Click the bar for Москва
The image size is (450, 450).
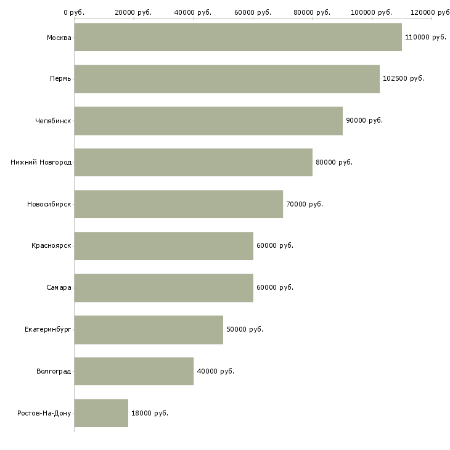[x=238, y=37]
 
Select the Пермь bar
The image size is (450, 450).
[x=227, y=79]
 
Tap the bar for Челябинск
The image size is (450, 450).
[x=208, y=121]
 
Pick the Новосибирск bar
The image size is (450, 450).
[x=179, y=204]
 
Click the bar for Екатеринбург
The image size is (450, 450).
[x=149, y=329]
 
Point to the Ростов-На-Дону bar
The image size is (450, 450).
[x=101, y=413]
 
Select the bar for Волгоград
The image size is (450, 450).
[x=134, y=371]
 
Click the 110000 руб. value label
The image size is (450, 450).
[x=425, y=38]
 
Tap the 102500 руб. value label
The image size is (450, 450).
[x=403, y=79]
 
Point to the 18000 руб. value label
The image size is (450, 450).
[x=149, y=413]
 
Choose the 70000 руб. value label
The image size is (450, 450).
[x=304, y=204]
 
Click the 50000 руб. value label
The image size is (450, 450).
[x=245, y=329]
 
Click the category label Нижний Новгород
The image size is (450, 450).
[x=41, y=162]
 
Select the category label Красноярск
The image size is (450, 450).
[x=51, y=246]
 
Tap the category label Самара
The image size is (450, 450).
[x=59, y=287]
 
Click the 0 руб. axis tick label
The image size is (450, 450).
[x=74, y=12]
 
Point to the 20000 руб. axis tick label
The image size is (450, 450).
[x=133, y=12]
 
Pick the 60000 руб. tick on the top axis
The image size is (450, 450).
[x=253, y=12]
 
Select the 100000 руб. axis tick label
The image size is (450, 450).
[x=372, y=12]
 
